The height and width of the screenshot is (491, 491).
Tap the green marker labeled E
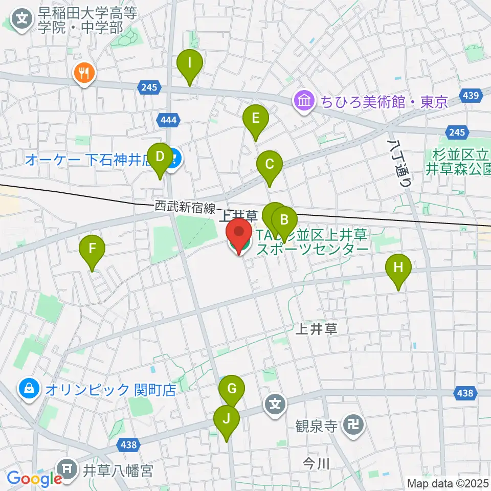point(256,120)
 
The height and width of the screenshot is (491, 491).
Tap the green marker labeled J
point(226,419)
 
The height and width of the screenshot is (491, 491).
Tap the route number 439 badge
point(468,95)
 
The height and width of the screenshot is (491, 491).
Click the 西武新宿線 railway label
point(185,207)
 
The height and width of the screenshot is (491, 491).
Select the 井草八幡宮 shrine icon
point(68,468)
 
